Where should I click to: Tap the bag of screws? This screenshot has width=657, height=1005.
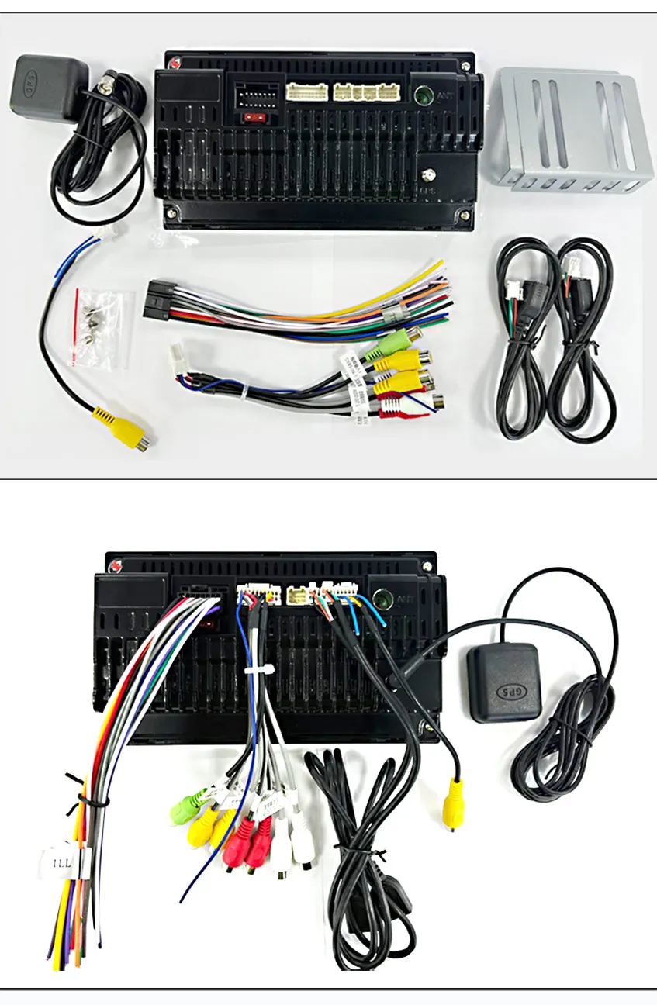tap(101, 325)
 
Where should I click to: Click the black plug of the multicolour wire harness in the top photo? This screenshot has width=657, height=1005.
tap(157, 301)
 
